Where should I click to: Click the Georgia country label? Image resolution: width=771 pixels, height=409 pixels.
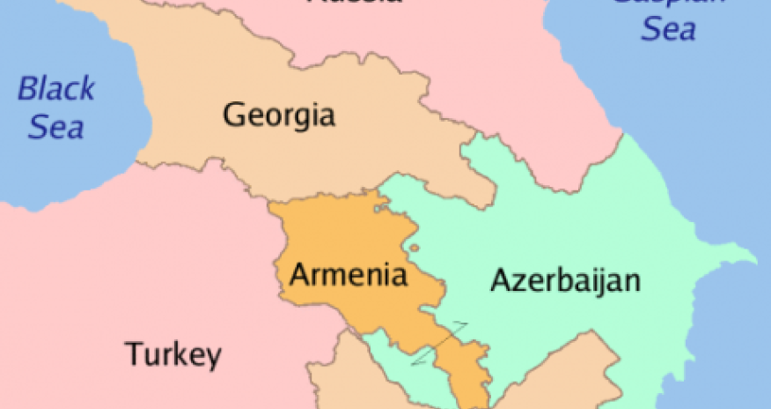279,115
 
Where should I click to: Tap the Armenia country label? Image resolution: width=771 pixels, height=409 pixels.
349,275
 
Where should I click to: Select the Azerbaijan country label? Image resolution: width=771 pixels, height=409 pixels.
564,282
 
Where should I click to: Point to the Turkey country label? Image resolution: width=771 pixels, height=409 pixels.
172,354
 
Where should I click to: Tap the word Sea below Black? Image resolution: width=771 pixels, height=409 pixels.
55,128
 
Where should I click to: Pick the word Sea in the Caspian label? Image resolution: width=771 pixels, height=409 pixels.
668,30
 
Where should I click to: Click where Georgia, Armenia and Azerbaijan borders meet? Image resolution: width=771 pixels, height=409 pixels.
380,192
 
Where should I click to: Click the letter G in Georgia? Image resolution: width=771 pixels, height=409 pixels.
234,115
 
